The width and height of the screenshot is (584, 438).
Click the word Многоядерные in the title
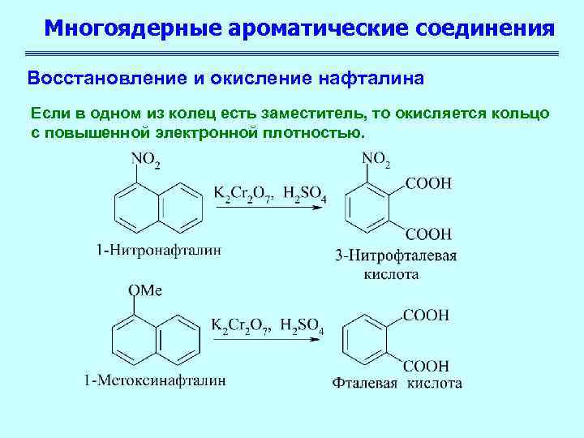coord(133,29)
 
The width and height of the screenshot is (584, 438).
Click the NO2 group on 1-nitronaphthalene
coord(145,161)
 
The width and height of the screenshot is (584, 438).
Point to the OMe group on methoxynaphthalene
coord(144,290)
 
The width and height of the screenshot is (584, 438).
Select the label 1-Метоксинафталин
coord(154,380)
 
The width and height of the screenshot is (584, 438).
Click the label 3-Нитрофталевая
coord(396,256)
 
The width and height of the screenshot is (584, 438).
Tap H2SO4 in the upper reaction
coord(303,195)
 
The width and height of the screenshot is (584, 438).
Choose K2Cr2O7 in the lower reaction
coord(242,326)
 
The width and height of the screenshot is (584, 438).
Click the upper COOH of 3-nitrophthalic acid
coord(427,185)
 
